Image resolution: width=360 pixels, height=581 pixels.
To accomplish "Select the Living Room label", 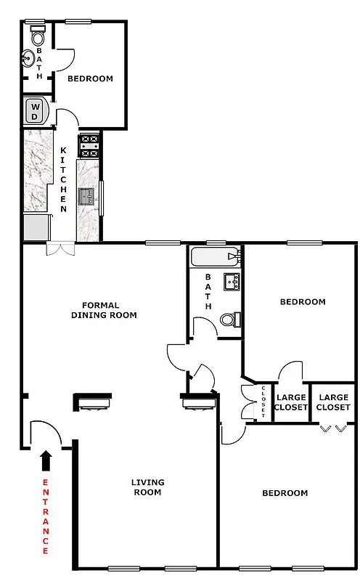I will [x=147, y=487].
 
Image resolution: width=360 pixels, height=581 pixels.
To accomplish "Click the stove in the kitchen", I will [x=89, y=145].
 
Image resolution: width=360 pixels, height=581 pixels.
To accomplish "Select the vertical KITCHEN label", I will [x=63, y=179].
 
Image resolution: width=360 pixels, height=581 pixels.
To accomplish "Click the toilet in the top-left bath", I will [x=36, y=35].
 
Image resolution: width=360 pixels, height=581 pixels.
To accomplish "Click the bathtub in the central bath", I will [x=213, y=256].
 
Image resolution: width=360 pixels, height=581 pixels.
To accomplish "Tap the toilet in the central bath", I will [x=229, y=320].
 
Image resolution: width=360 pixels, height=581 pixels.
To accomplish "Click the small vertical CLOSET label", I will [x=263, y=402].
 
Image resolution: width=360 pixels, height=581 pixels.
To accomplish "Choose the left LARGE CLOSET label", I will [x=292, y=402].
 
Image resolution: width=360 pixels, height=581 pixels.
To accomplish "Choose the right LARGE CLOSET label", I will [x=334, y=402].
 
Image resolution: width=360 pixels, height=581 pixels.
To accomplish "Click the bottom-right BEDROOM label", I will [x=285, y=492].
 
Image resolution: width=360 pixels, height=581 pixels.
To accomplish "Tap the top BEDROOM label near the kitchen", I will [x=90, y=78].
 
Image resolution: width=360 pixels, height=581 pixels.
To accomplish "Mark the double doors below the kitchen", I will [x=57, y=249].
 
